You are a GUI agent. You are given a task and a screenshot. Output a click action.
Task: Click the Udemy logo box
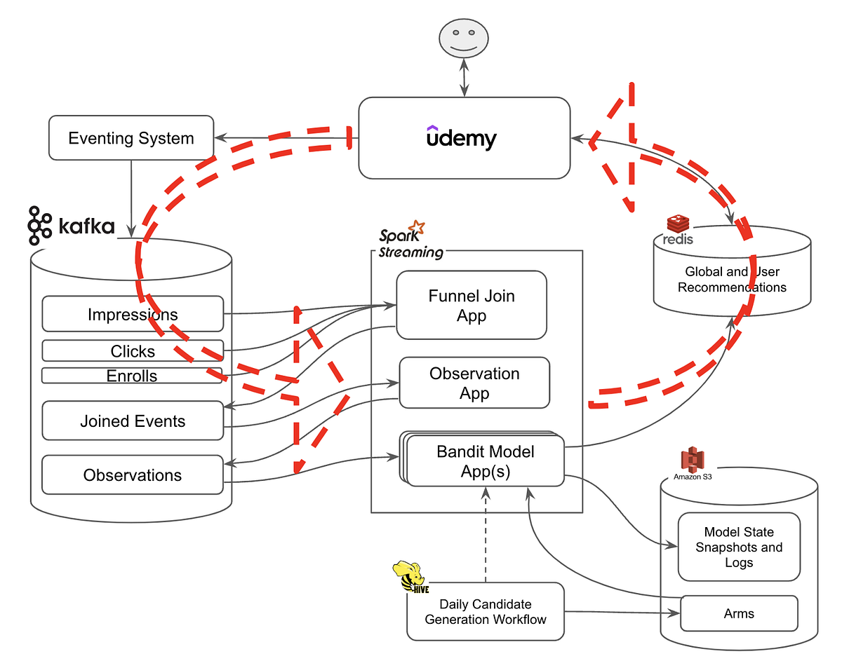464,137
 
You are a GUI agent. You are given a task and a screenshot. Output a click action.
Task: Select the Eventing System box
131,137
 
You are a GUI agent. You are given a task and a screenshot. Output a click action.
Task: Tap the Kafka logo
71,226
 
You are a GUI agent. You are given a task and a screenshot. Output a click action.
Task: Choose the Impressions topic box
133,314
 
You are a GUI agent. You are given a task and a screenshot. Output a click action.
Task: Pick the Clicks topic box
133,350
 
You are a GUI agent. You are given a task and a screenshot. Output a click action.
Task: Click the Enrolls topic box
132,376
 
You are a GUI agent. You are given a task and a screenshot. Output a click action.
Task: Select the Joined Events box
133,421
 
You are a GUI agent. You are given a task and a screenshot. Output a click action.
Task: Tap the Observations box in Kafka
133,475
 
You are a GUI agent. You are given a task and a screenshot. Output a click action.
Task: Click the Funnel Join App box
472,306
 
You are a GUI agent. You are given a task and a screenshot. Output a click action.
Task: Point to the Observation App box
474,383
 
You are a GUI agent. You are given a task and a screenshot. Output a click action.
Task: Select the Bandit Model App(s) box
485,461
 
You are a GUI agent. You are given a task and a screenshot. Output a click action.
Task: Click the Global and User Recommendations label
732,279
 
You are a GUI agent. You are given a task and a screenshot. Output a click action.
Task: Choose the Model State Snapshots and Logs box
739,547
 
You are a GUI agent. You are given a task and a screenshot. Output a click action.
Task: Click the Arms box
739,613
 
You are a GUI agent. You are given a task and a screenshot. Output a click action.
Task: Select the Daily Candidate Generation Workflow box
485,611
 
